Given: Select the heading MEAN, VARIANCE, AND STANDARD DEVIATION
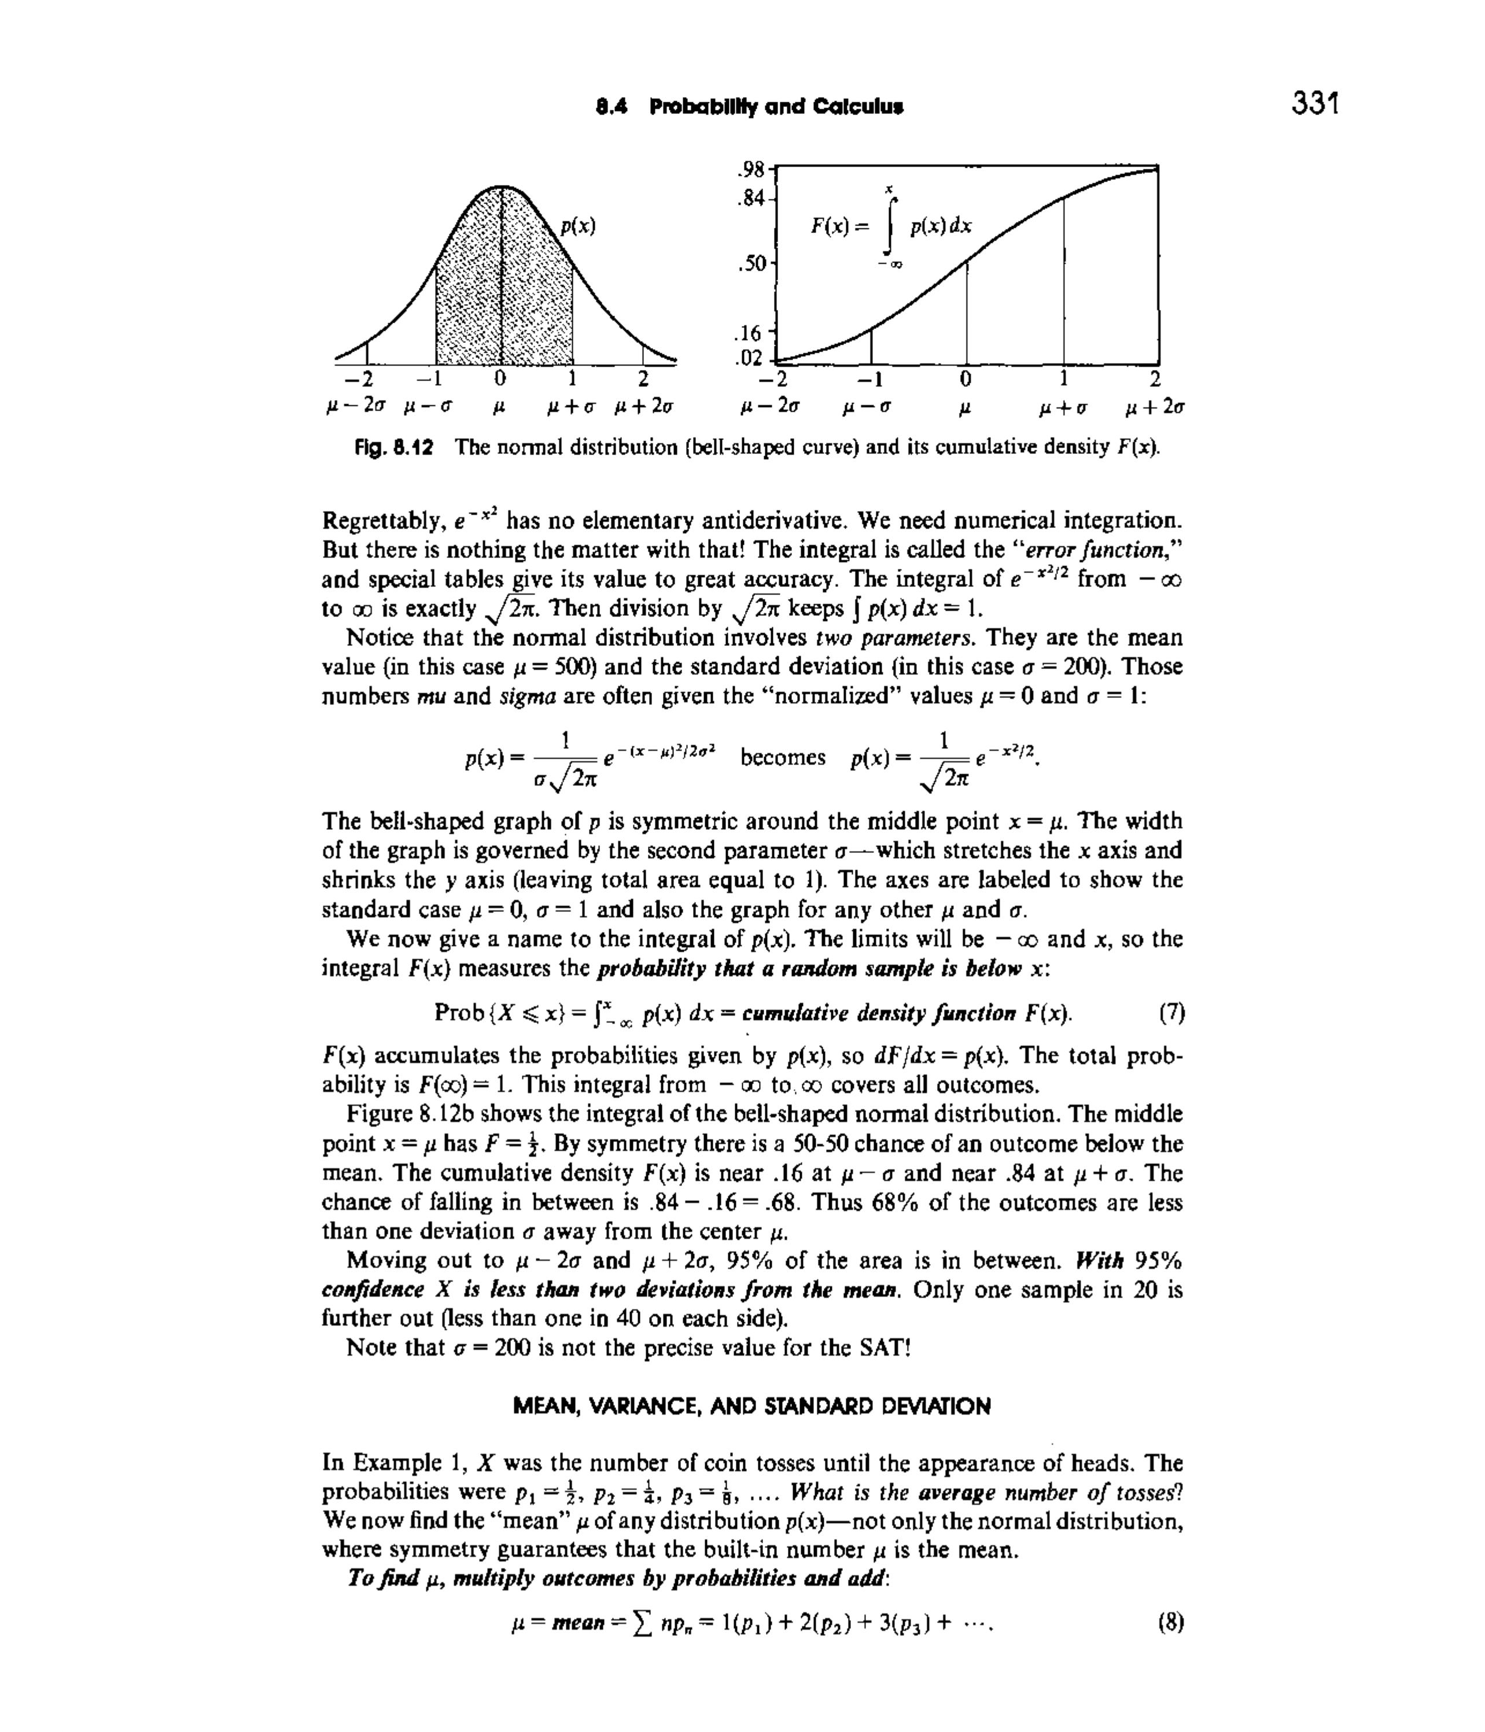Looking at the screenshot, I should [x=751, y=1407].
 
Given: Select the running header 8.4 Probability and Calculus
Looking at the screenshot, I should [x=749, y=107].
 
